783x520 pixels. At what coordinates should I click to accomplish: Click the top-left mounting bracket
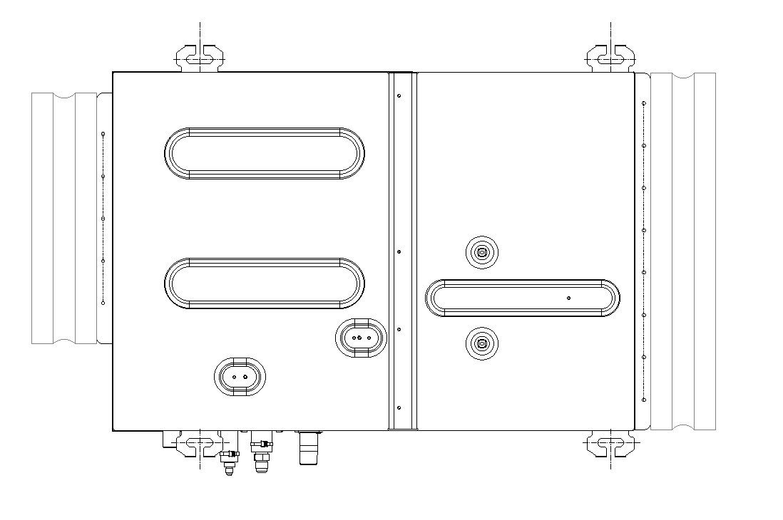(x=200, y=57)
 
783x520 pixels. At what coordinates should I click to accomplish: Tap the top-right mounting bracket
(x=611, y=57)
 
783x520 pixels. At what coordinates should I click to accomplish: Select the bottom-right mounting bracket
(x=611, y=444)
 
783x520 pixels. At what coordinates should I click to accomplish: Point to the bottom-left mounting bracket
(x=200, y=444)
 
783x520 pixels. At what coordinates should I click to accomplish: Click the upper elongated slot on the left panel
(x=265, y=153)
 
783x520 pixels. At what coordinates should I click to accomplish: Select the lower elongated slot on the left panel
(x=265, y=284)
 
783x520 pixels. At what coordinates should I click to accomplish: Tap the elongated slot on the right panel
(x=523, y=298)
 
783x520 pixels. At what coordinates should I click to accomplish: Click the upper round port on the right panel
(x=482, y=252)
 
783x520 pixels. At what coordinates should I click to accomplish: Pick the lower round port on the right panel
(x=482, y=344)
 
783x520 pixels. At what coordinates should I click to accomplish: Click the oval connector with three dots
(x=361, y=338)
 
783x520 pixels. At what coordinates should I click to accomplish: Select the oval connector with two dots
(x=240, y=376)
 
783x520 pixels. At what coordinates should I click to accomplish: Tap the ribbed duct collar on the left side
(x=66, y=218)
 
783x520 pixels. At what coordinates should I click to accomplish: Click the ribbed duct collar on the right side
(x=682, y=251)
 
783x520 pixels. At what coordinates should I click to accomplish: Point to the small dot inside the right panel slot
(x=568, y=298)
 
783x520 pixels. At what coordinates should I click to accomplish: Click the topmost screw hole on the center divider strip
(x=399, y=95)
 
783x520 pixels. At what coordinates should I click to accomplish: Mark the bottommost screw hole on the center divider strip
(x=399, y=407)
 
